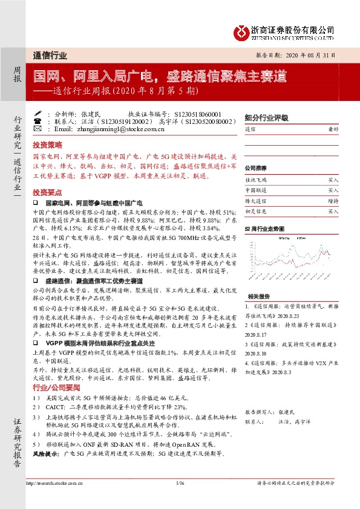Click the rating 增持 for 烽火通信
[x=333, y=201]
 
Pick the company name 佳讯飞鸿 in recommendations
[x=255, y=180]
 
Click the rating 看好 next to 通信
[x=333, y=130]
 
